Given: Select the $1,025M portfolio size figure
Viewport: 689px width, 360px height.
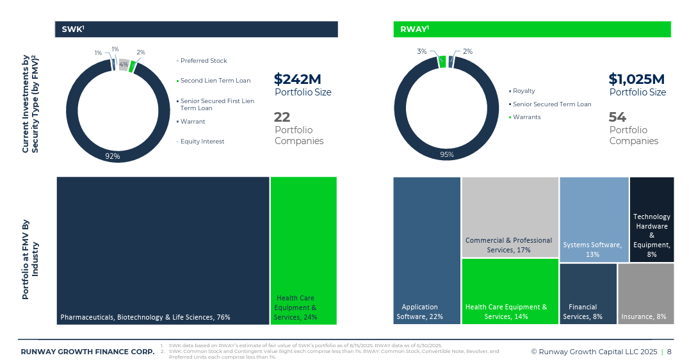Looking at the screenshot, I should [636, 79].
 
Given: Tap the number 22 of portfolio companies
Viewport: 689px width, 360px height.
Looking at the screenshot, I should [282, 117].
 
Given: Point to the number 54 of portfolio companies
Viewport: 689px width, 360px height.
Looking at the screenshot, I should [617, 117].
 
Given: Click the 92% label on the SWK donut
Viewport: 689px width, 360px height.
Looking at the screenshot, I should [112, 156].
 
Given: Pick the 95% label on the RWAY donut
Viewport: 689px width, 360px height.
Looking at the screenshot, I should [446, 154].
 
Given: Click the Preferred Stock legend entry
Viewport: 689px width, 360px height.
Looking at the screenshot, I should [203, 61].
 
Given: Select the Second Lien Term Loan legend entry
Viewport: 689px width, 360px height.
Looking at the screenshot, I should [215, 81].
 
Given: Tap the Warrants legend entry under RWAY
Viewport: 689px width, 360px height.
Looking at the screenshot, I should [526, 117].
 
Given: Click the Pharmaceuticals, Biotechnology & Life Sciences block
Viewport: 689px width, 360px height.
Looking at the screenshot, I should [163, 250].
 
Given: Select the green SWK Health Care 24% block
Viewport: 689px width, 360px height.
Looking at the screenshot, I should [304, 250].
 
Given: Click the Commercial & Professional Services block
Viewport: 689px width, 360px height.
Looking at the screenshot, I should [510, 217].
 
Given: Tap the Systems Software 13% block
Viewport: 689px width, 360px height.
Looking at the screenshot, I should [594, 219].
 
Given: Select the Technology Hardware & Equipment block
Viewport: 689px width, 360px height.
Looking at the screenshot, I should [651, 219].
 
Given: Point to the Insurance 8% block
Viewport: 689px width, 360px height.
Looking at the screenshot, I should [645, 293].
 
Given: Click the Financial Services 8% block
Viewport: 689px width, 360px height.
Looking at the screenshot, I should [588, 293].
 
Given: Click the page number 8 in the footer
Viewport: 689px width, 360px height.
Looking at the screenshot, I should [669, 352].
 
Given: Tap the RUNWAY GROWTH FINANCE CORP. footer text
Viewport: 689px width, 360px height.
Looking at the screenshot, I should [87, 352].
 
